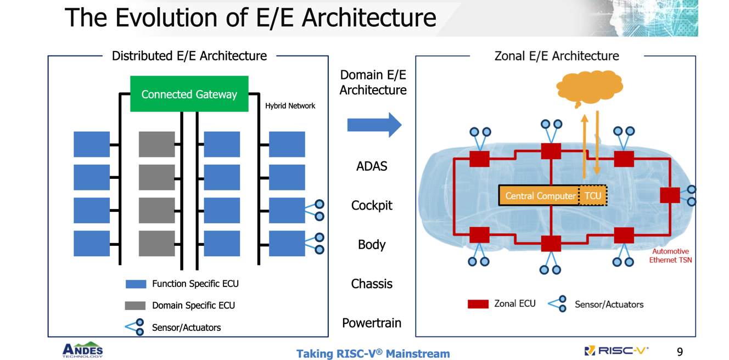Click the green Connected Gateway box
pyautogui.click(x=189, y=94)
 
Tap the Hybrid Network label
pyautogui.click(x=290, y=106)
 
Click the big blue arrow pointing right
pyautogui.click(x=374, y=125)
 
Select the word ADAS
pyautogui.click(x=372, y=166)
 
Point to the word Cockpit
pyautogui.click(x=372, y=206)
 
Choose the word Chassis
pyautogui.click(x=372, y=284)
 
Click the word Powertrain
pyautogui.click(x=372, y=323)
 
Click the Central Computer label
pyautogui.click(x=540, y=196)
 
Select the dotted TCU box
pyautogui.click(x=593, y=195)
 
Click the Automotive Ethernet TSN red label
pyautogui.click(x=670, y=256)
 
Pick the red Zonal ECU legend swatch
pyautogui.click(x=478, y=304)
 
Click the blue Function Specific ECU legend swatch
pyautogui.click(x=136, y=284)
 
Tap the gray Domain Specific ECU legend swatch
pyautogui.click(x=135, y=306)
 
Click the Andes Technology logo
pyautogui.click(x=83, y=350)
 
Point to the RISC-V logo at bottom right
pyautogui.click(x=616, y=351)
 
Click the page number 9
pyautogui.click(x=680, y=352)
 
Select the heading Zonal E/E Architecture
pyautogui.click(x=557, y=56)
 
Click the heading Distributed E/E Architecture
pyautogui.click(x=189, y=56)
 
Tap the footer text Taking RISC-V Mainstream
pyautogui.click(x=373, y=353)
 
